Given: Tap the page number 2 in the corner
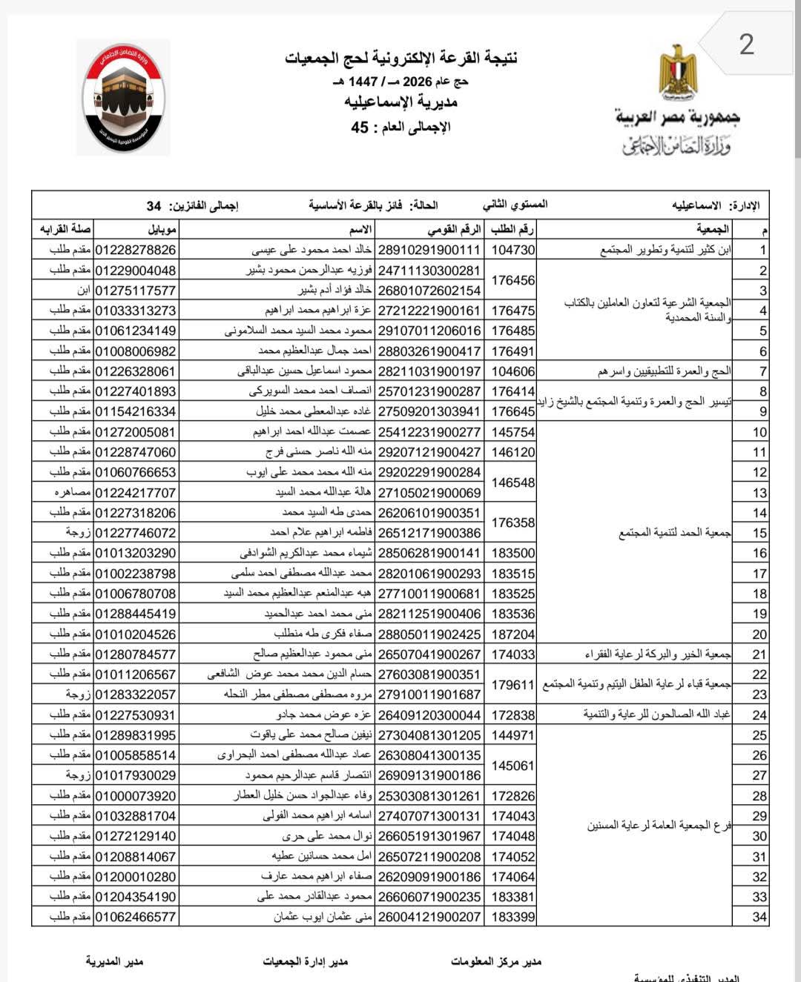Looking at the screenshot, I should [746, 44].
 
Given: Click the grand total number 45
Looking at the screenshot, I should [360, 127].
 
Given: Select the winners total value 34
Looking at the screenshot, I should [154, 205].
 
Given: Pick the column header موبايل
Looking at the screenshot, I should [162, 229].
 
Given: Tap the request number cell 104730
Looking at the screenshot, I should [512, 250].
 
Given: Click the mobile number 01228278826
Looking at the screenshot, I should [135, 250].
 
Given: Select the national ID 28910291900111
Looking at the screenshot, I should [429, 250].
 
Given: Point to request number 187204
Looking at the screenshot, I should [512, 634].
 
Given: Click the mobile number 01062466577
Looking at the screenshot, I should [135, 917].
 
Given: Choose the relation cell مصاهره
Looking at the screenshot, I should [73, 492].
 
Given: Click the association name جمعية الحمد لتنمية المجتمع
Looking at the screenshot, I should [675, 533].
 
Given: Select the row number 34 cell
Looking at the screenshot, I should [759, 917].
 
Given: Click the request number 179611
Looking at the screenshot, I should [512, 685].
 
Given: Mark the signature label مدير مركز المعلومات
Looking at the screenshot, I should [496, 961].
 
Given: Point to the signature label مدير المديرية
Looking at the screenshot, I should [114, 961].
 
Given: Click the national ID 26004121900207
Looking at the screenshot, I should [429, 917].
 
